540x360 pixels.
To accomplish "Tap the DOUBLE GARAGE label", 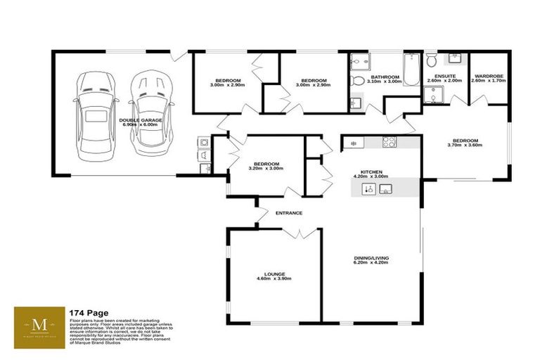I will [x=141, y=120].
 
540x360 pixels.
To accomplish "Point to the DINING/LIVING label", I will [x=371, y=259].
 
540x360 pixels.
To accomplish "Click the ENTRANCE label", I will [x=289, y=213].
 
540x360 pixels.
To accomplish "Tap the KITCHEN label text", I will [x=371, y=171].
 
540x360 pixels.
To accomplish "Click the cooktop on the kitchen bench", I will [x=389, y=142].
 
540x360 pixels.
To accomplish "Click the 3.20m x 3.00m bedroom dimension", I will [x=266, y=168].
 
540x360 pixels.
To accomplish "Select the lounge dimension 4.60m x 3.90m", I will [x=274, y=279].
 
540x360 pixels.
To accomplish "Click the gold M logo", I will [x=40, y=326].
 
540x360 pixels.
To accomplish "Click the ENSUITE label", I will [x=444, y=76].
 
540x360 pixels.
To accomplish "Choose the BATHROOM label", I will [x=385, y=77].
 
